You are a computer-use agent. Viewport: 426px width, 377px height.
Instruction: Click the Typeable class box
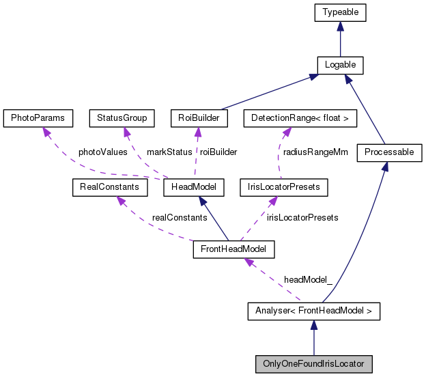click(340, 12)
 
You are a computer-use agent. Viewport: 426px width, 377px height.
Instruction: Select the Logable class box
click(340, 65)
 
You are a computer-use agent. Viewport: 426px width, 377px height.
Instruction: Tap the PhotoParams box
click(38, 118)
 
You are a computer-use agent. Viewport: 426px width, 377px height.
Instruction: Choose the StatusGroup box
click(122, 118)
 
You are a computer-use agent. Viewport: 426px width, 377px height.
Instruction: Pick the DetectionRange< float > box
click(300, 118)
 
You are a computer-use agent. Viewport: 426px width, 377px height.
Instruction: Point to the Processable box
click(389, 152)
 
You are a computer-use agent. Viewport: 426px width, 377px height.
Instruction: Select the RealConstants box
click(105, 186)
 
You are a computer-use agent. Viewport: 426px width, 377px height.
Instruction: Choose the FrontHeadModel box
click(233, 249)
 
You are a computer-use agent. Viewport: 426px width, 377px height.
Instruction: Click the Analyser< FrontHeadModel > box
click(313, 312)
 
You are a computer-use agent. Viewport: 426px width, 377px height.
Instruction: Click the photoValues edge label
click(102, 152)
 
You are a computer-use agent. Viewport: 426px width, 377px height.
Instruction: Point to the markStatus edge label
click(170, 152)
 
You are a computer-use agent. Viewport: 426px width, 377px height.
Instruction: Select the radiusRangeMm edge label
click(315, 152)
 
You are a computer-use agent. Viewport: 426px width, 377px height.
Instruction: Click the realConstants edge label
click(180, 217)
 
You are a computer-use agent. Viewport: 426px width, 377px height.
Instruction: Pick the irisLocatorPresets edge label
click(302, 217)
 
